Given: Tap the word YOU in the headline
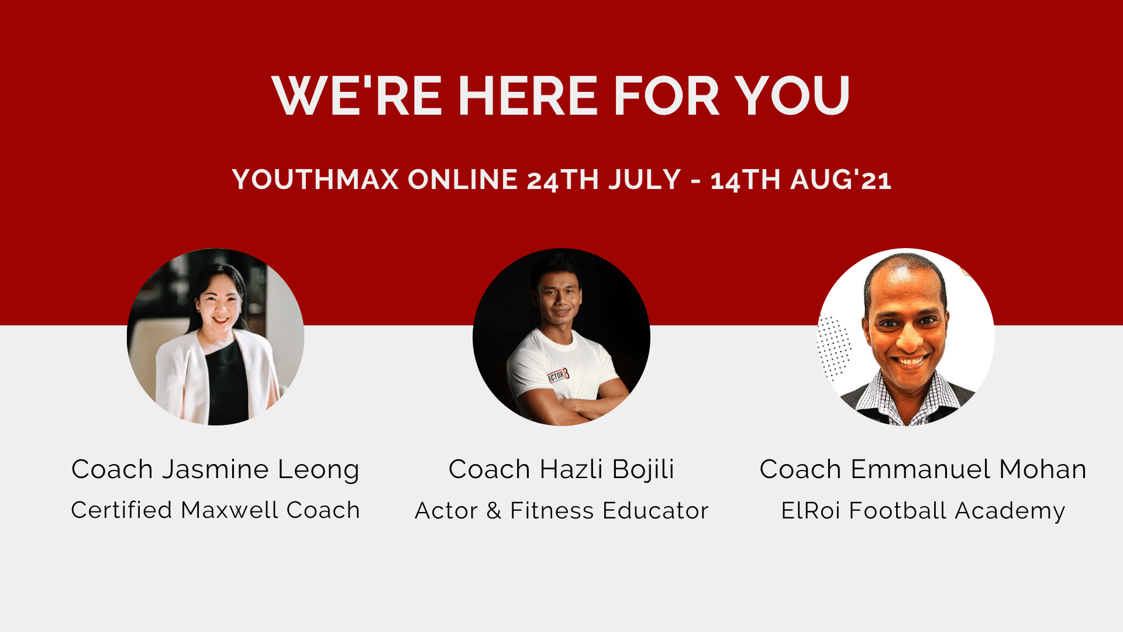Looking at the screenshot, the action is (792, 96).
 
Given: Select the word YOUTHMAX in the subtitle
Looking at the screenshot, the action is (315, 179).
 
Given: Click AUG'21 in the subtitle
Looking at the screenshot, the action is (841, 179).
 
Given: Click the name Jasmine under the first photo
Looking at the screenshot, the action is (215, 469).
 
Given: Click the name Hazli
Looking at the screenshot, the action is (571, 469).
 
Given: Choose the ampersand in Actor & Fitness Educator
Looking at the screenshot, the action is (494, 511).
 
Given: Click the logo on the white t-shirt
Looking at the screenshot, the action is (558, 375).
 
